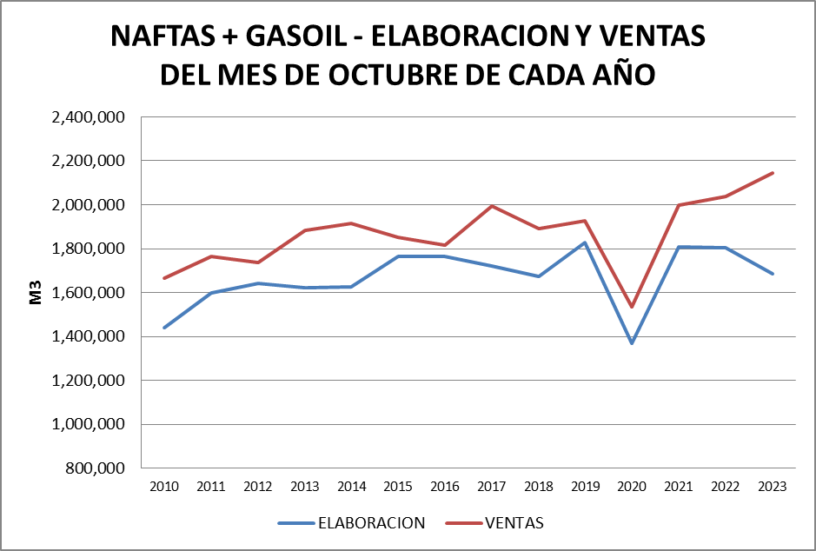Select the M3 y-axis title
coord(36,293)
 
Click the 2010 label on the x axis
coord(164,487)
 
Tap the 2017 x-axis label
coord(492,487)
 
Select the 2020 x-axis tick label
coord(632,487)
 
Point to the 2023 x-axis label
coord(772,487)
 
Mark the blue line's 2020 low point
coord(632,343)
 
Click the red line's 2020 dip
coord(632,307)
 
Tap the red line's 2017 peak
coord(492,206)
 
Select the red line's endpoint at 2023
coord(773,173)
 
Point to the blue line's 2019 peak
coord(585,242)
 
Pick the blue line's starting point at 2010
coord(164,328)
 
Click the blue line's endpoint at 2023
coord(773,274)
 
